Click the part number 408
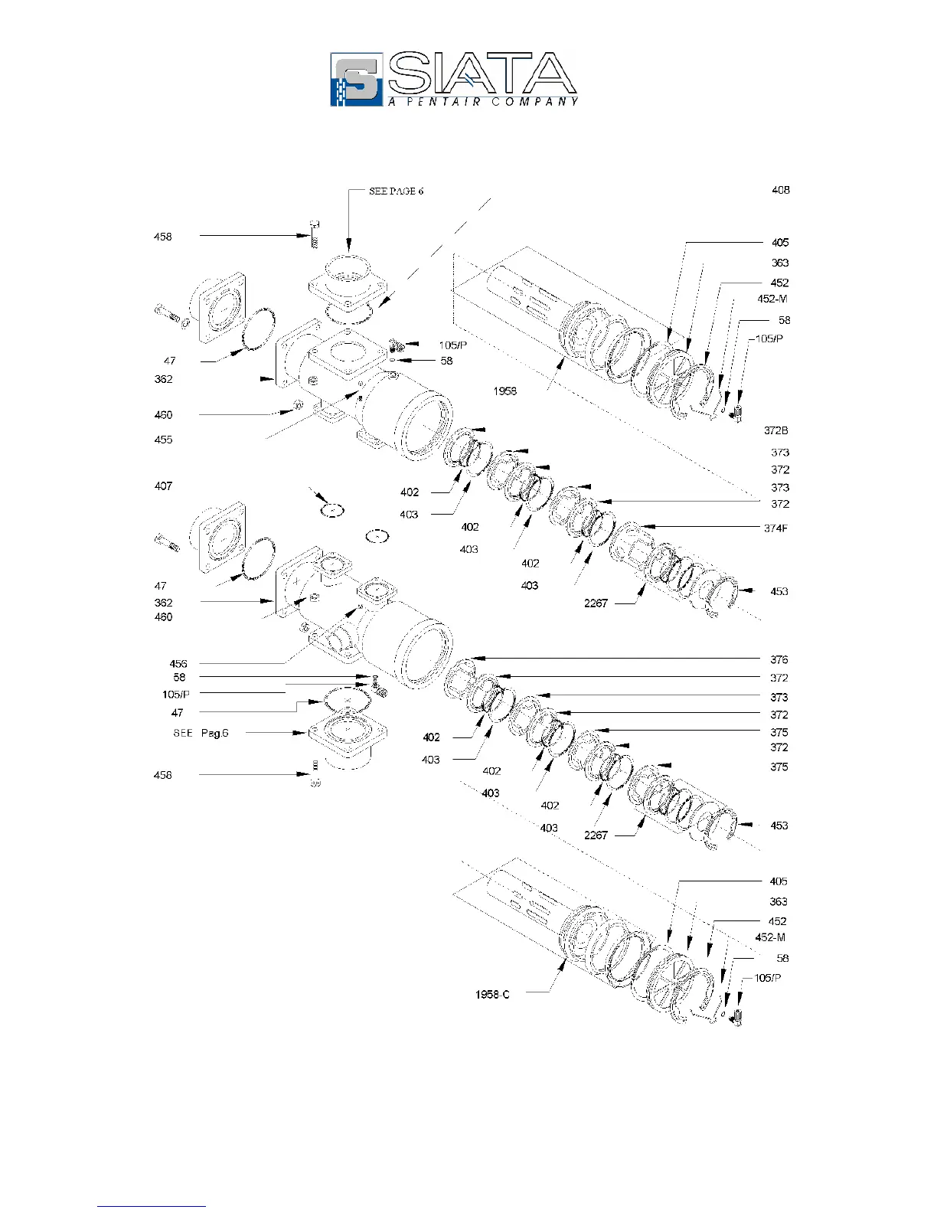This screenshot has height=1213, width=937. pos(780,190)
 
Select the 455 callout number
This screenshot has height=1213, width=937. pos(163,440)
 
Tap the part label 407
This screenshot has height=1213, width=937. pos(163,486)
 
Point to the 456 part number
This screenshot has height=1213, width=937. pos(178,664)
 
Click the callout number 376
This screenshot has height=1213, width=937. pos(779,660)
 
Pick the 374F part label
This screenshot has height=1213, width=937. pos(775,528)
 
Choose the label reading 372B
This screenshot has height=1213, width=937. pos(775,430)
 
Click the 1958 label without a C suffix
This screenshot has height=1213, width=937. pos(504,391)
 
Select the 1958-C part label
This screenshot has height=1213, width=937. pos(492,995)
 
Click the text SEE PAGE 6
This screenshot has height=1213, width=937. pos(396,191)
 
